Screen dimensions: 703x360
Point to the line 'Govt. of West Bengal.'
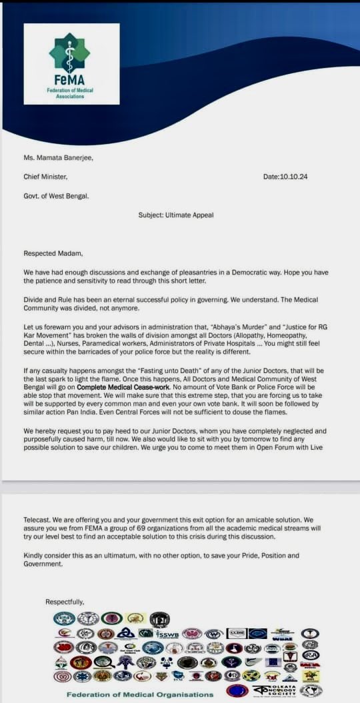pyautogui.click(x=56, y=195)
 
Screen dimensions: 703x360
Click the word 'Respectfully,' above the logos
pyautogui.click(x=65, y=602)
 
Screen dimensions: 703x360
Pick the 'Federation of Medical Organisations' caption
pyautogui.click(x=140, y=694)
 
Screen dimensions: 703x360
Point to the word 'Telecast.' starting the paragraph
pyautogui.click(x=38, y=518)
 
